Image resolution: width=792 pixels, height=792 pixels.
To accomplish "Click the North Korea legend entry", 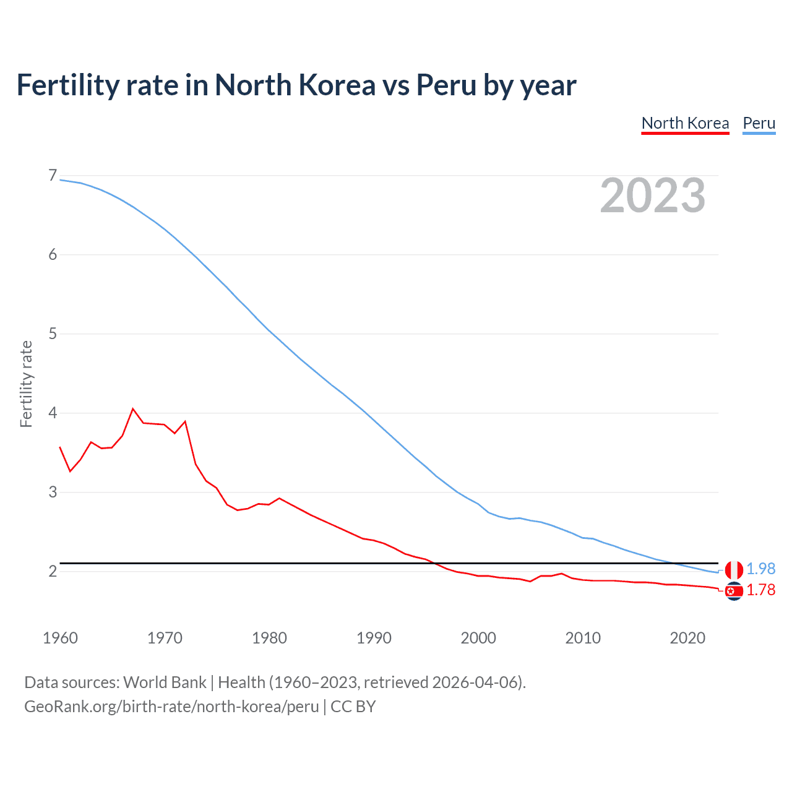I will coord(685,123).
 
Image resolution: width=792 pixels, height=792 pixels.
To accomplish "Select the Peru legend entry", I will coord(759,123).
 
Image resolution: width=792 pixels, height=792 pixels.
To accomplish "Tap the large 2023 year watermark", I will coord(653,196).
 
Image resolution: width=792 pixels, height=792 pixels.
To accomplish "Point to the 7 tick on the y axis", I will coord(53,176).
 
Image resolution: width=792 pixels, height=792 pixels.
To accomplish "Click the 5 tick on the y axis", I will coord(53,334).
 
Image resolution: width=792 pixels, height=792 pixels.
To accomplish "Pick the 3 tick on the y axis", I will coord(53,493).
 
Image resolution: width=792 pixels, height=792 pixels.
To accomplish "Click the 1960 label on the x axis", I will coord(60,638).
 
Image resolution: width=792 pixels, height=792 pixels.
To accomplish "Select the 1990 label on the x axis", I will coord(374,638).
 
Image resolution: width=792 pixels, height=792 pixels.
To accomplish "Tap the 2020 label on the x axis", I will coord(687,638).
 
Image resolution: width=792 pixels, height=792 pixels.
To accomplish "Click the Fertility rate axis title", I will coord(26,384).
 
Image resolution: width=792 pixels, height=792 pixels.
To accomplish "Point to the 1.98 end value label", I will coord(760,569).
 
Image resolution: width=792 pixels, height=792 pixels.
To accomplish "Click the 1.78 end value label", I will coord(760,590).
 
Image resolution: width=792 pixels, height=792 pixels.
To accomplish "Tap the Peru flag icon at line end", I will coord(734,570).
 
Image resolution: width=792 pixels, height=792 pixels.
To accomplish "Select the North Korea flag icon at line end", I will coord(734,592).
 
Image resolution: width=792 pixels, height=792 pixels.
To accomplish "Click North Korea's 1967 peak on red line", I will coord(133,408).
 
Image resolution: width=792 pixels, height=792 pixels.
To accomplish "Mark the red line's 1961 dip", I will coord(70,471).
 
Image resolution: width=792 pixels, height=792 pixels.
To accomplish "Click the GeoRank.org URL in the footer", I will coord(171,707).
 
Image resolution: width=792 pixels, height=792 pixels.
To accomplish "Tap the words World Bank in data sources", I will coord(165,682).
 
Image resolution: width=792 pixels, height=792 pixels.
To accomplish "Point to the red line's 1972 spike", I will coord(185,421).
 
